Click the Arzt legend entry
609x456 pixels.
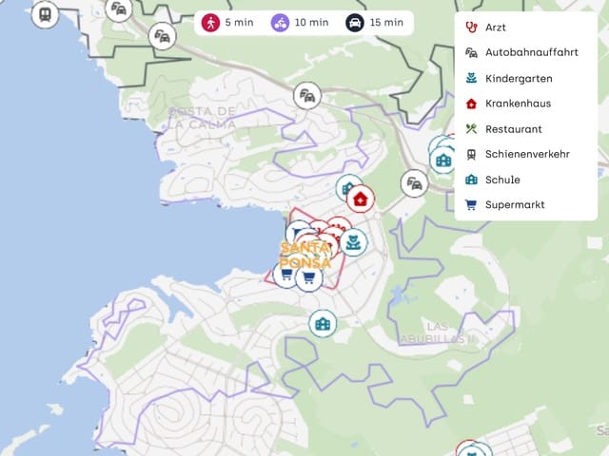tap(497, 28)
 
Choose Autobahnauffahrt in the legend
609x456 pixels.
tap(531, 53)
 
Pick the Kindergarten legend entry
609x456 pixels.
tap(518, 78)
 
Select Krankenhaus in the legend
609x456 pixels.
tap(518, 104)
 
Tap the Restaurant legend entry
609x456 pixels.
tap(514, 129)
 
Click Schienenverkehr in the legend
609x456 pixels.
tap(527, 154)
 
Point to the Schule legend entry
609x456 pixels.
tap(502, 180)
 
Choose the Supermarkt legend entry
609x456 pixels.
tap(515, 204)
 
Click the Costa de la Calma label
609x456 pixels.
tap(202, 117)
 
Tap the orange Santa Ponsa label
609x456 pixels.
tap(305, 255)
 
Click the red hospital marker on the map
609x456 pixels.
tap(360, 199)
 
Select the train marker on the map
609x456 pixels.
tap(44, 14)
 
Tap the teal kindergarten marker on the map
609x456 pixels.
tap(353, 242)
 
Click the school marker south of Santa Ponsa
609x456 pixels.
tap(323, 324)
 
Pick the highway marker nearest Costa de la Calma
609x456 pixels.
tap(306, 96)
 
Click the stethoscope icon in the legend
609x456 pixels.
tap(471, 28)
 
